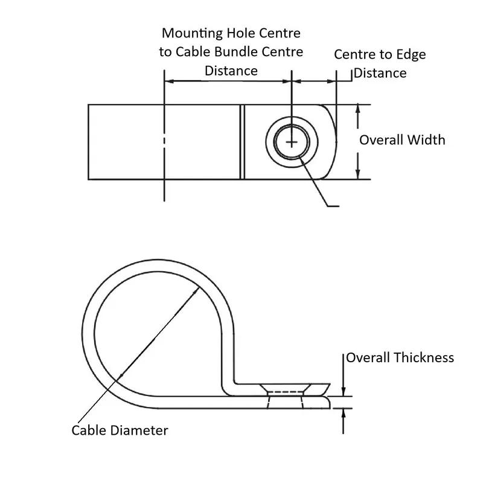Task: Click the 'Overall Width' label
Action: [402, 140]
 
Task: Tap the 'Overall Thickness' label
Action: [400, 357]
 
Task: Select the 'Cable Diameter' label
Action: [120, 430]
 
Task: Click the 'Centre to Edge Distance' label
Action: [380, 63]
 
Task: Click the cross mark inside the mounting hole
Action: [292, 142]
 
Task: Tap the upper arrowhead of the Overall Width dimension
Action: [358, 109]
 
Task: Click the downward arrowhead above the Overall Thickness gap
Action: [343, 391]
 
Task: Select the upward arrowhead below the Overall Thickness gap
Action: [343, 414]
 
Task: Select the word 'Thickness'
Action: [424, 357]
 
